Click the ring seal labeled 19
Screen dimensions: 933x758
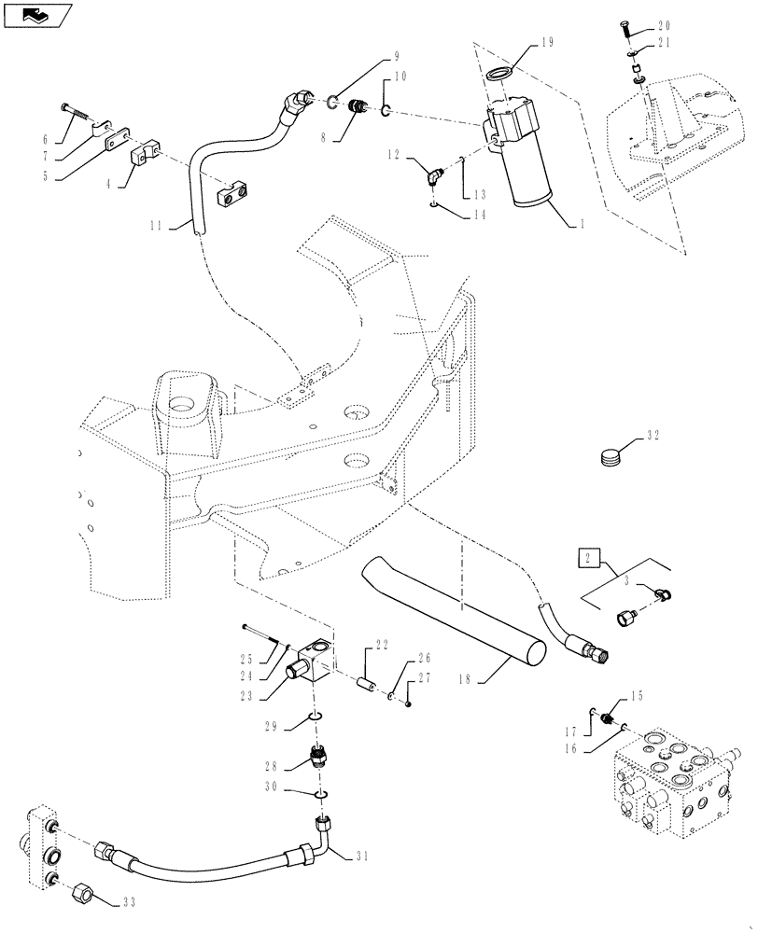pyautogui.click(x=505, y=77)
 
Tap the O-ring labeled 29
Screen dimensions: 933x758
pyautogui.click(x=316, y=717)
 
